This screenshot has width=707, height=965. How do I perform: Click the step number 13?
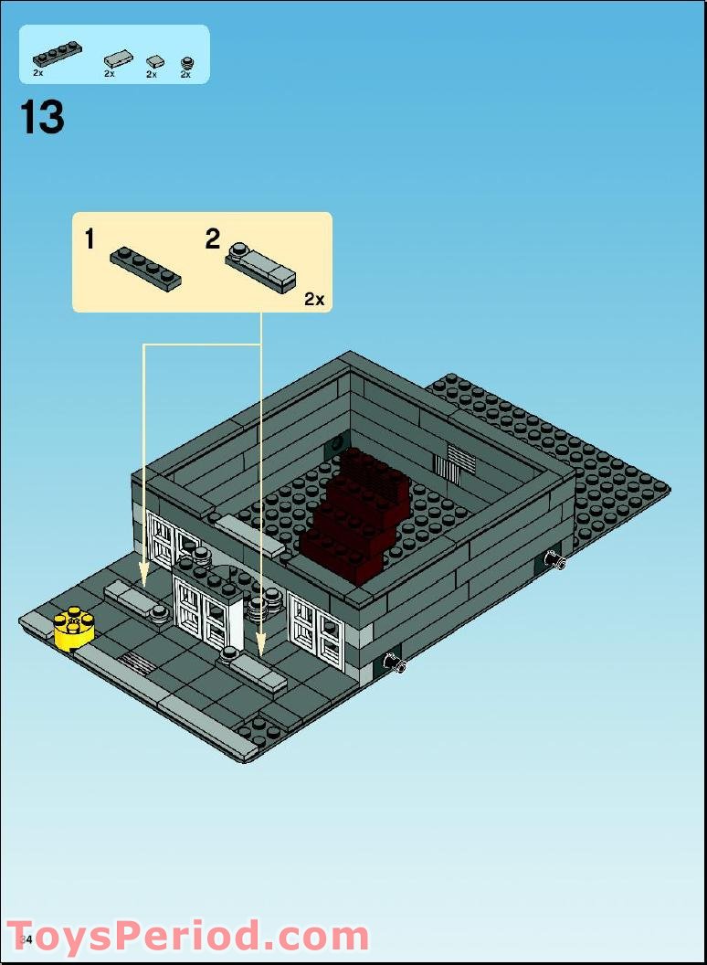(x=42, y=119)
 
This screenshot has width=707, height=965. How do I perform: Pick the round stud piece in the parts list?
(x=186, y=62)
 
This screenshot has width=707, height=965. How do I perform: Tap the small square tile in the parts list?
(x=155, y=61)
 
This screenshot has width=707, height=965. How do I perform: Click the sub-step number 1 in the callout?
(x=90, y=240)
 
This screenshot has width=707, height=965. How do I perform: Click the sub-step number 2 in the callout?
(x=213, y=240)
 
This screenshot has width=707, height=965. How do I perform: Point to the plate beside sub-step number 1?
(x=145, y=268)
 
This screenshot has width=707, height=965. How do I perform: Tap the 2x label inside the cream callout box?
(x=314, y=300)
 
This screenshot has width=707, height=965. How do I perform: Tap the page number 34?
(x=25, y=940)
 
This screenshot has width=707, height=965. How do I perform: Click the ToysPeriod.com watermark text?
(x=187, y=938)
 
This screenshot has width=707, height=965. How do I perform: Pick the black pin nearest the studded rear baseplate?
(x=554, y=560)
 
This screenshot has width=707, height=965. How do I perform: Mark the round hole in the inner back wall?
(x=337, y=443)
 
